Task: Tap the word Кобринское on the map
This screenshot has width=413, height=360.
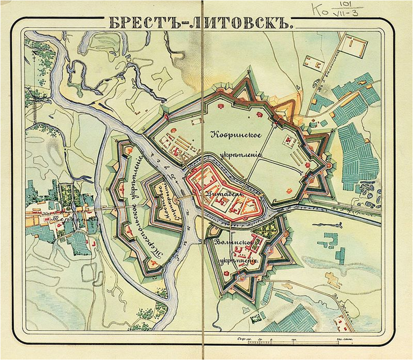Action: coord(236,135)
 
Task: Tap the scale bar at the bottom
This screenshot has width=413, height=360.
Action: coord(291,342)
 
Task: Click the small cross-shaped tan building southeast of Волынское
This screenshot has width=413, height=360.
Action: coord(333,280)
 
